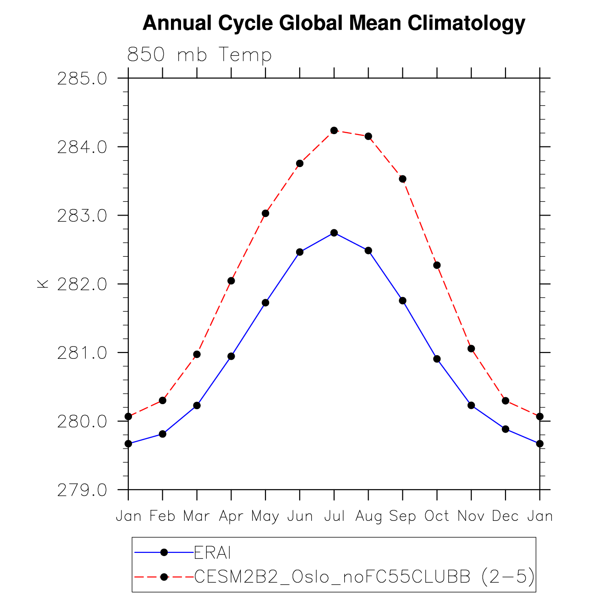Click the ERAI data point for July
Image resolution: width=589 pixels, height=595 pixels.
[334, 233]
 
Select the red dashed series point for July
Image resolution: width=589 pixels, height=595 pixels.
[334, 130]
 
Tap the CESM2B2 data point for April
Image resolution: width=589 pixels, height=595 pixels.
[231, 281]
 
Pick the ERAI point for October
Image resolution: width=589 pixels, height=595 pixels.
[437, 359]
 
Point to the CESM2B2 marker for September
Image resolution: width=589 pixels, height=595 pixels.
[402, 179]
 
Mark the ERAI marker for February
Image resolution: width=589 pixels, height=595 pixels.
[162, 434]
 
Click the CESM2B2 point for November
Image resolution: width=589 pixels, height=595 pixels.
[471, 349]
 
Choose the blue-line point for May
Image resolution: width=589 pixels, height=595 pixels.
[265, 303]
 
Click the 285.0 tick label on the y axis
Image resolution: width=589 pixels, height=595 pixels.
[82, 79]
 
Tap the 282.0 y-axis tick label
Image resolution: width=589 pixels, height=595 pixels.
[82, 284]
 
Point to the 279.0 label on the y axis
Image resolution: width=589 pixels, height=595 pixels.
[82, 490]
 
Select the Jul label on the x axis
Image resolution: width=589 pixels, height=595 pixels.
[334, 516]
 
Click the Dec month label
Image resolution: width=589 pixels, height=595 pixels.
[506, 516]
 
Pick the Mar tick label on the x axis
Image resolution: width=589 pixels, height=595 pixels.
[197, 516]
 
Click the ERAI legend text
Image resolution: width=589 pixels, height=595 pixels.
[212, 553]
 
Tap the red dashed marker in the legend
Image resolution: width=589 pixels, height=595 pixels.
[164, 577]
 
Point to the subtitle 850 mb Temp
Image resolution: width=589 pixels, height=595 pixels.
[199, 55]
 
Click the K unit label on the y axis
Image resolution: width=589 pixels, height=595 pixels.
[42, 284]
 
